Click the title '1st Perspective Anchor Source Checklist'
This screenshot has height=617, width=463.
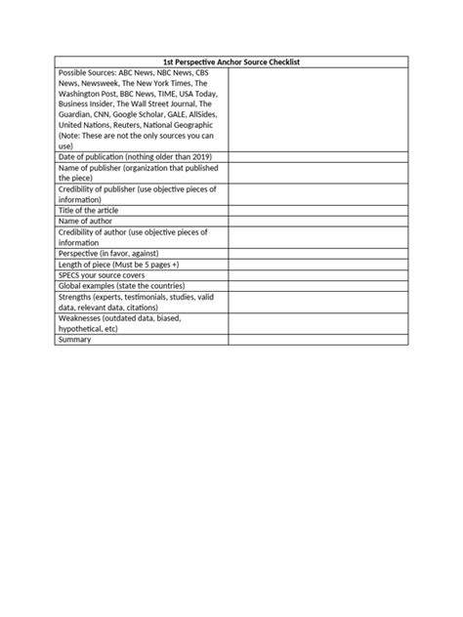point(231,62)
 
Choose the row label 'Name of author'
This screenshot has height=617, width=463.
point(89,222)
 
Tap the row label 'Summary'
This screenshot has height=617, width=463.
point(74,340)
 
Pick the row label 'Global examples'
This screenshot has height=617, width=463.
point(93,286)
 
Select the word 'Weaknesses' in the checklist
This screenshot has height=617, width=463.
point(82,317)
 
